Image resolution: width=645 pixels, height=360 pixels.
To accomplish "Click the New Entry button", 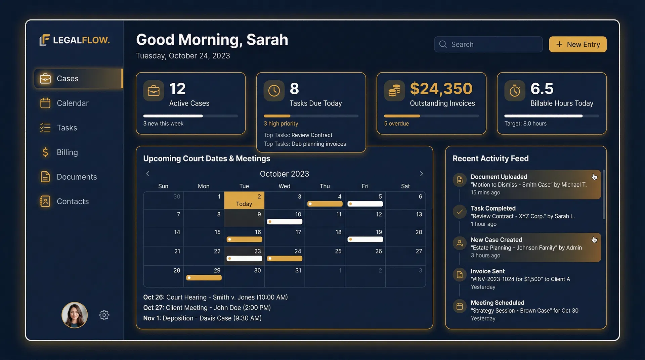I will (x=577, y=44).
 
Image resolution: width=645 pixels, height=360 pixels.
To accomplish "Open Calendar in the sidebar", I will (x=72, y=103).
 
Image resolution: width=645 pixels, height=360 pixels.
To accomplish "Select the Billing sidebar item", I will (x=67, y=152).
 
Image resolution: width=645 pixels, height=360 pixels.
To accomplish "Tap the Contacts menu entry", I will (x=72, y=201).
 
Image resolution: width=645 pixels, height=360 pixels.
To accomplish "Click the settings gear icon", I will (x=104, y=315).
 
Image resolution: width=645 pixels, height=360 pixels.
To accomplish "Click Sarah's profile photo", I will (x=75, y=315).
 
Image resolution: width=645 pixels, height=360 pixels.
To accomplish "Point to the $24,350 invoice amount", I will (x=441, y=89).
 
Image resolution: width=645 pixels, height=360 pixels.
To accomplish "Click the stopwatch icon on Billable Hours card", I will (x=515, y=91).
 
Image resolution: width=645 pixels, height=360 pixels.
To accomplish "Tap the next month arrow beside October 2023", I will (x=421, y=174).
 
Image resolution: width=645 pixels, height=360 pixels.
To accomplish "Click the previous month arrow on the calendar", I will (x=147, y=174).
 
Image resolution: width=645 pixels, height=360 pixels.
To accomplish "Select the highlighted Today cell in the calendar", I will (x=244, y=200).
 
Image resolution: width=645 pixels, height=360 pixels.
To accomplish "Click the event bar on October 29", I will (x=204, y=278).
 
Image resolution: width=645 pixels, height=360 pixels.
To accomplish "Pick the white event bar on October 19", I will (x=365, y=239).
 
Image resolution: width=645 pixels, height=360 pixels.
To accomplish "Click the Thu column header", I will (x=325, y=186).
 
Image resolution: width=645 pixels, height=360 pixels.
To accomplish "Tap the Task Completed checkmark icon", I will (x=460, y=212).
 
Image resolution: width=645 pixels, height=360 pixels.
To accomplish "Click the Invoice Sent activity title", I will (x=487, y=271).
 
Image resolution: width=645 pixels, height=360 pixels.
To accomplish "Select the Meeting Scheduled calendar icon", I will (x=460, y=306).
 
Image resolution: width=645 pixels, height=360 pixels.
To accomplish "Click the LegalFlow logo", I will (x=75, y=40).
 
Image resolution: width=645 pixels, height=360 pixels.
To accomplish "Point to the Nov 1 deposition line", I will (x=202, y=318).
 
